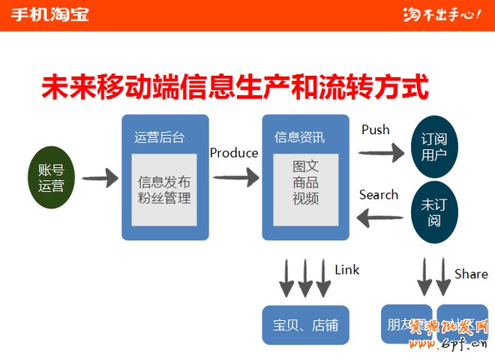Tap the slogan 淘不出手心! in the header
click(441, 14)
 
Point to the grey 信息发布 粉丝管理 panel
click(164, 189)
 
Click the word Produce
click(234, 153)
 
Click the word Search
click(379, 195)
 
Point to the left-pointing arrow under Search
click(380, 218)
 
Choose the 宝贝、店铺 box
click(306, 325)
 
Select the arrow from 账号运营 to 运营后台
click(100, 178)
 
